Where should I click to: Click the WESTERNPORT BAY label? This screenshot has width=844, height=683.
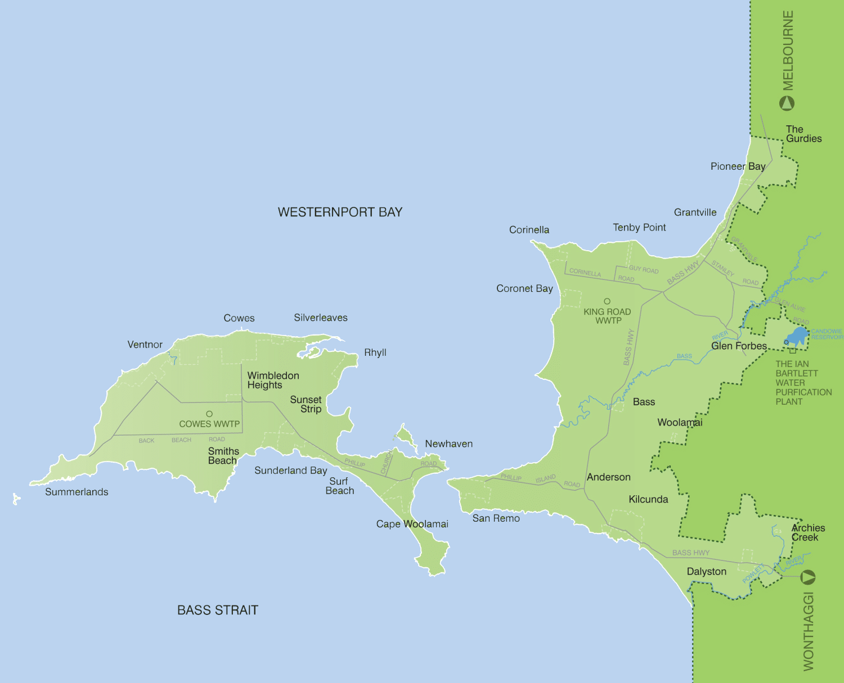tap(340, 212)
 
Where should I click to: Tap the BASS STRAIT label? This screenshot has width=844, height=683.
tap(217, 610)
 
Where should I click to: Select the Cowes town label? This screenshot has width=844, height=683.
tap(239, 318)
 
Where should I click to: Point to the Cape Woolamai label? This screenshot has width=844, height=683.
tap(412, 524)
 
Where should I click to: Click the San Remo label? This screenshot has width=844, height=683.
tap(496, 518)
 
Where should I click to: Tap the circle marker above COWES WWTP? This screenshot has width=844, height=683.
tap(209, 414)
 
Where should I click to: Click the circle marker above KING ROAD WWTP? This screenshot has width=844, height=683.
tap(607, 301)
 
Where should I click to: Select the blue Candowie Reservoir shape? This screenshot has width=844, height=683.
tap(798, 336)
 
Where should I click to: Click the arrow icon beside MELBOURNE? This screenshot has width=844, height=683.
tap(787, 103)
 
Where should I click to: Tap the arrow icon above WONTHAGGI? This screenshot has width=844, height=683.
tap(808, 577)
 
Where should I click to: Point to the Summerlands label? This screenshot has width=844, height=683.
tap(77, 492)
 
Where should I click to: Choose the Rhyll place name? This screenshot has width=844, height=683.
tap(375, 352)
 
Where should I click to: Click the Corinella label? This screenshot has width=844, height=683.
tap(529, 230)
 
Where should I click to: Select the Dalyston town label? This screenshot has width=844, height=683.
tap(706, 572)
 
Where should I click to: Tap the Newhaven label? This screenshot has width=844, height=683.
tap(448, 444)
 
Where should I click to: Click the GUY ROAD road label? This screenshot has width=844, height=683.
tap(644, 270)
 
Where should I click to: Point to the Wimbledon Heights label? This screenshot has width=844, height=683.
tap(273, 380)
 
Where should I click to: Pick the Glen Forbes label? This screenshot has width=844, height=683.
tap(739, 346)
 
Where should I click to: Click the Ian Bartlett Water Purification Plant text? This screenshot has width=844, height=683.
tap(803, 383)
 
